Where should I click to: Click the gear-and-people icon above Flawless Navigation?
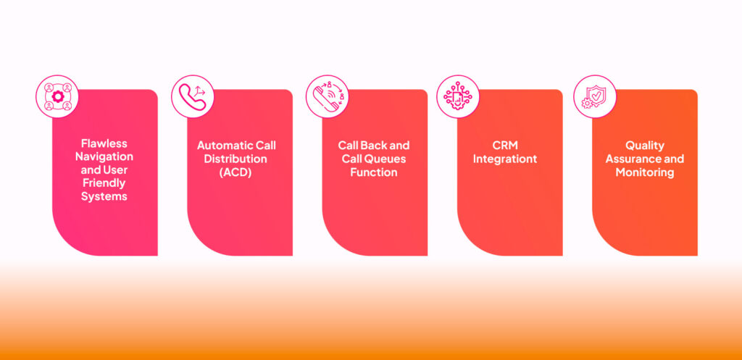coord(57,96)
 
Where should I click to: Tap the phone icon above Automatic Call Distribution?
coord(192,96)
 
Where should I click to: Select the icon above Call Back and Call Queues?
coord(327,96)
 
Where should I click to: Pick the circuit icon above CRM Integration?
coord(458,96)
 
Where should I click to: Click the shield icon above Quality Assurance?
coord(594,96)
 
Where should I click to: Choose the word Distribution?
coord(237,159)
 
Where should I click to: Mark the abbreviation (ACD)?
coord(237,172)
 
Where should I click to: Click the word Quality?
coord(645,146)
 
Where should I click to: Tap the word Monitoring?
coord(645,172)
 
